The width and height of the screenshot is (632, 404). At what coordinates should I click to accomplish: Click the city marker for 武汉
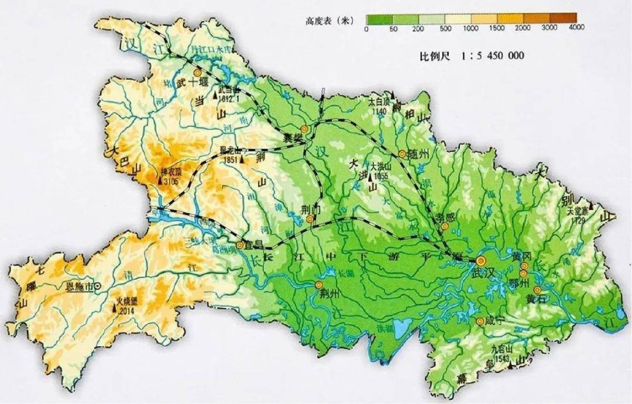(481, 261)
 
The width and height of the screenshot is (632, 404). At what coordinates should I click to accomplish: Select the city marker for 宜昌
(240, 246)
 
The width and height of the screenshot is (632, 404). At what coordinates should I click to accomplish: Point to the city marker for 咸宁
(480, 320)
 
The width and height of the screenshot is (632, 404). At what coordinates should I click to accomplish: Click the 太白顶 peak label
(379, 101)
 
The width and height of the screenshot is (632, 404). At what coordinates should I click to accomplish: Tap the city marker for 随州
(403, 154)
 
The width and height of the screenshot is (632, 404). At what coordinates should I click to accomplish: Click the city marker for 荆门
(310, 219)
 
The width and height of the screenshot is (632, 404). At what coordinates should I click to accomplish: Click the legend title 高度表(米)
(329, 21)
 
